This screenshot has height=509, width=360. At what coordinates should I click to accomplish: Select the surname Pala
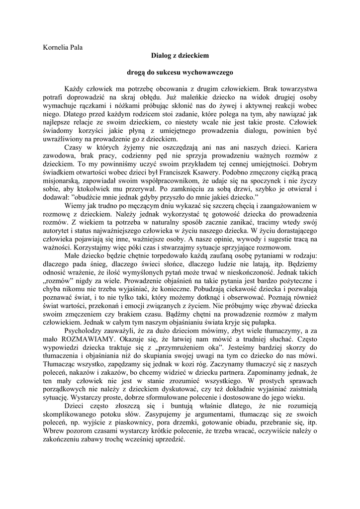(75, 47)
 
